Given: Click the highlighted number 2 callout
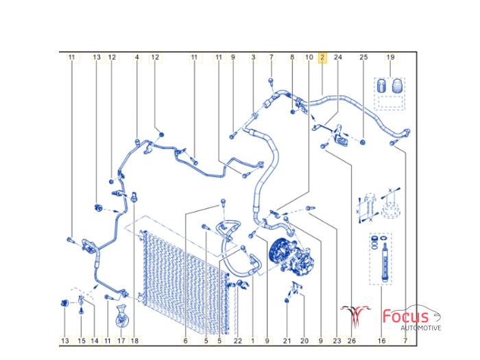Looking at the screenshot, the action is (x=322, y=57).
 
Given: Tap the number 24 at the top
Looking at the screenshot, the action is (x=337, y=57).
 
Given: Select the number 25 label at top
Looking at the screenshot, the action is (x=363, y=57).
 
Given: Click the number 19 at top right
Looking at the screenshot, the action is (x=390, y=57).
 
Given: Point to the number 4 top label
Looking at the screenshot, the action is (x=137, y=57).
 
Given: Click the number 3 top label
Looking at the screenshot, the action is (x=253, y=57).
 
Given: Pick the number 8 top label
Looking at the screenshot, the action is (x=292, y=57).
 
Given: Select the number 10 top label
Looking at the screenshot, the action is (x=309, y=57).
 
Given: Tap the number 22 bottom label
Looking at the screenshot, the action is (x=237, y=341).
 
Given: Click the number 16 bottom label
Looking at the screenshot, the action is (x=382, y=341).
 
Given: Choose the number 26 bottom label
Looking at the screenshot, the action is (x=352, y=341).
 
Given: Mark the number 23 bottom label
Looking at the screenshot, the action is (x=337, y=341).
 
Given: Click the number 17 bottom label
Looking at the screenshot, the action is (x=121, y=341).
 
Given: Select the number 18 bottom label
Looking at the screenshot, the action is (x=134, y=341).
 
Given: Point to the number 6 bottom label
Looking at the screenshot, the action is (x=186, y=341).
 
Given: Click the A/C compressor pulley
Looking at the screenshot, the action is (x=278, y=252).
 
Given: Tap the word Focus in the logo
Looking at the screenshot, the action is (x=406, y=317).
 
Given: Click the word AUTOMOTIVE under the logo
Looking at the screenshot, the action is (x=421, y=328).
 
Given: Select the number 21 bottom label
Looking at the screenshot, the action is (x=287, y=341).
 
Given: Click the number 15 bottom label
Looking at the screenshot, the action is (x=82, y=341).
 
